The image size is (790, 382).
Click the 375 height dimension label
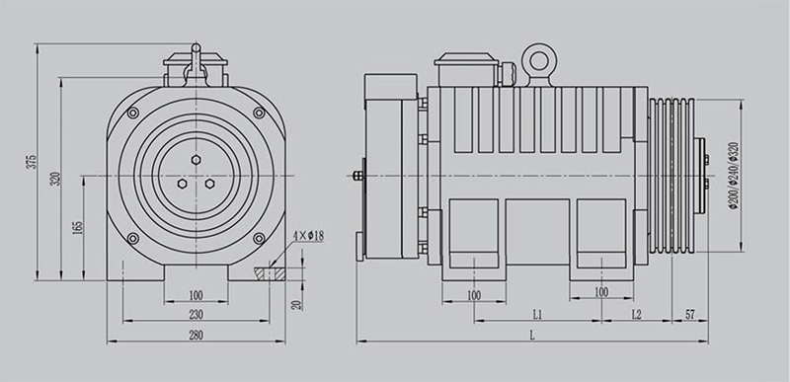click(x=32, y=162)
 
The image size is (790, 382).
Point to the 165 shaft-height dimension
click(x=78, y=227)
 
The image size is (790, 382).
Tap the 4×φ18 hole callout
click(x=308, y=236)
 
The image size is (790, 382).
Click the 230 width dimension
click(x=196, y=315)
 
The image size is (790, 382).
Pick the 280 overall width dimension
click(x=196, y=336)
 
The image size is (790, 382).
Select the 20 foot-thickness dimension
click(x=297, y=304)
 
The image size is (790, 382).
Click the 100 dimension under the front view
click(x=196, y=295)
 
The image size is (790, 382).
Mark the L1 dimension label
click(x=537, y=315)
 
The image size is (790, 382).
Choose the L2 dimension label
click(x=636, y=315)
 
